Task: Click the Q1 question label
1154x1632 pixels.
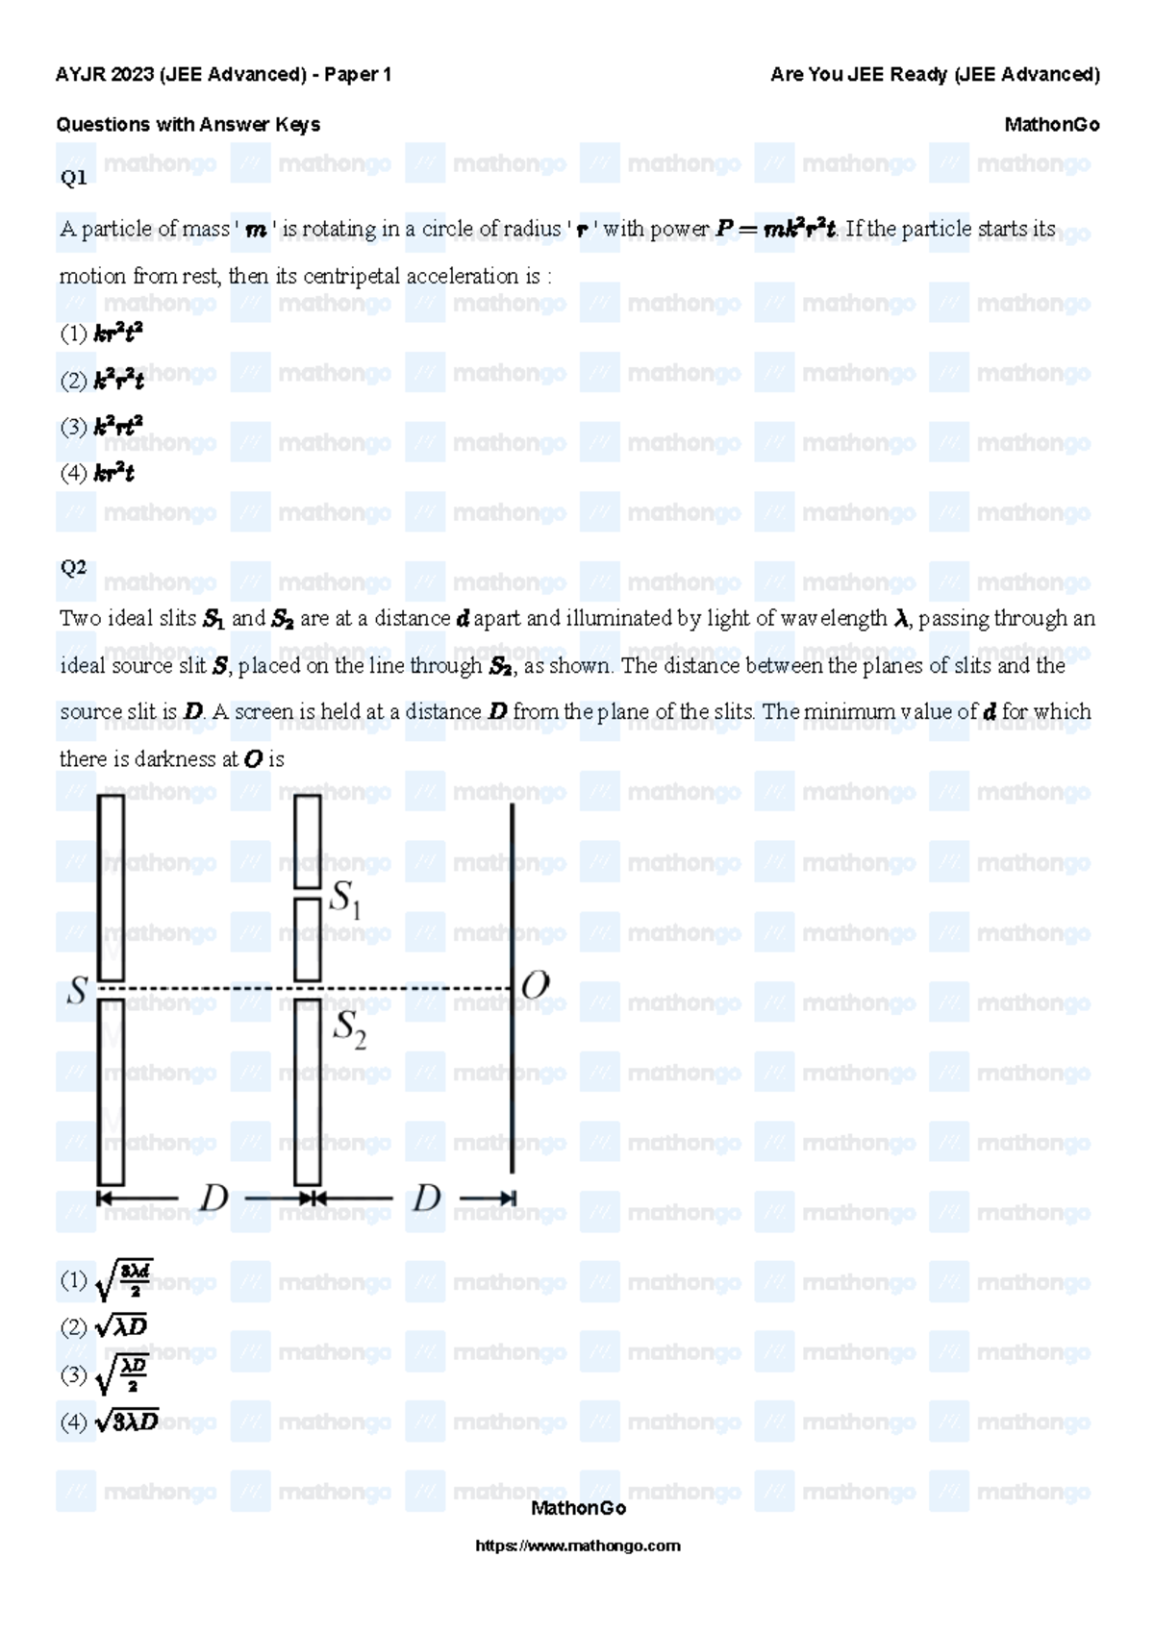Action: click(73, 178)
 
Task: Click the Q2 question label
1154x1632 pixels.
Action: click(73, 567)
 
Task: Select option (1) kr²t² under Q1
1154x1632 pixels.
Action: click(102, 334)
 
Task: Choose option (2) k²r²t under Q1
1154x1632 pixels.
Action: click(102, 381)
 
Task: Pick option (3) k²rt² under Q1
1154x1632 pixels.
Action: click(102, 427)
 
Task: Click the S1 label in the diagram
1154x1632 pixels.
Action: click(345, 900)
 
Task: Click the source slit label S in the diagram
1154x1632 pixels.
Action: click(77, 992)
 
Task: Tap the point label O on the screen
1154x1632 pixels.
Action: click(535, 985)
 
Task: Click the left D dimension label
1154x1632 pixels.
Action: click(213, 1199)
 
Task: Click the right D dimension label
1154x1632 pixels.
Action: click(426, 1199)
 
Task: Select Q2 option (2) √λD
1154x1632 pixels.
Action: click(104, 1328)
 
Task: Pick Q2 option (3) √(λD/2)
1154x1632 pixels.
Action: click(104, 1374)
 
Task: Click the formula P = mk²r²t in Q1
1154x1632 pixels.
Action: click(775, 230)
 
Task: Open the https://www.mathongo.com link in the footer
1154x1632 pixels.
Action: click(578, 1545)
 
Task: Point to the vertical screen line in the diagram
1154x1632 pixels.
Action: click(512, 1057)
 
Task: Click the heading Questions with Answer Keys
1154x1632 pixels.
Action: click(188, 125)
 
